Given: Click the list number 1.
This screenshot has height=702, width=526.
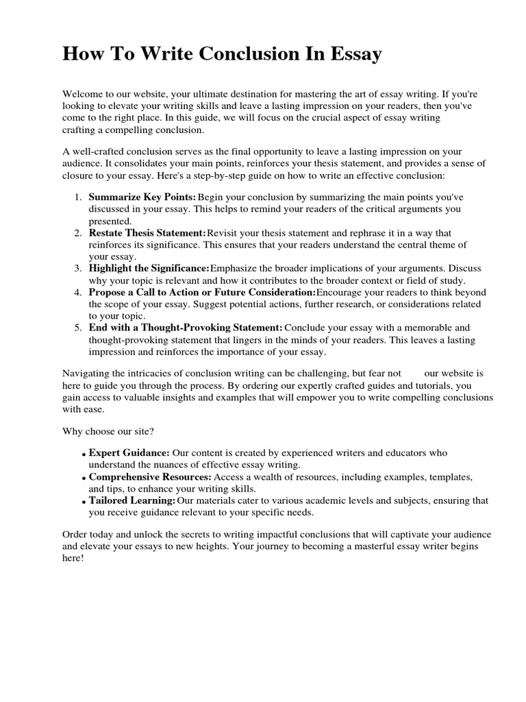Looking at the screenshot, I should click(78, 197).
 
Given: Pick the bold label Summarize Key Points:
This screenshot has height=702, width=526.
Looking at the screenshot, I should click(142, 197).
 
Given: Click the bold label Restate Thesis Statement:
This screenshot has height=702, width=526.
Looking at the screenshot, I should click(147, 233).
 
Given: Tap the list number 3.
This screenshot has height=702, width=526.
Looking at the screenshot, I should click(78, 268).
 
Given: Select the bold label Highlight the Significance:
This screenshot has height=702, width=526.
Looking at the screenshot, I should click(149, 268).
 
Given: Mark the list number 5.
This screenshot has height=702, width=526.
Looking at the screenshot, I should click(78, 328).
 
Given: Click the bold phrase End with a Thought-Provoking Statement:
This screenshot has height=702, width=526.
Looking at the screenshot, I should click(186, 328).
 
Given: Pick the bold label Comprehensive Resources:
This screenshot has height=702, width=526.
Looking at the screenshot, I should click(151, 476).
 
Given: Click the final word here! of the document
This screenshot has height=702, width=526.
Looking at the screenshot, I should click(72, 558).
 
